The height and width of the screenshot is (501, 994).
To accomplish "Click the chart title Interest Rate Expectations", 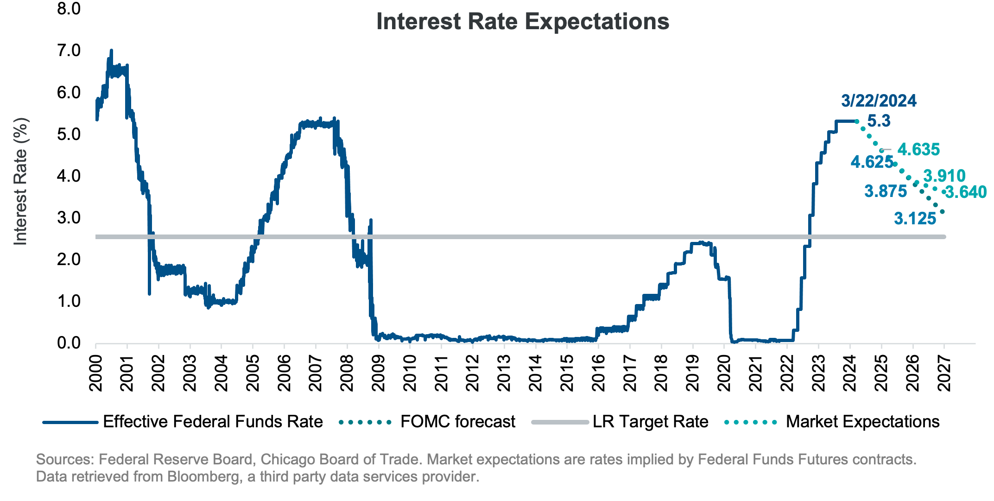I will pyautogui.click(x=522, y=22).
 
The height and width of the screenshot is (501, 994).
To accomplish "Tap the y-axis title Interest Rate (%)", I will pyautogui.click(x=21, y=181).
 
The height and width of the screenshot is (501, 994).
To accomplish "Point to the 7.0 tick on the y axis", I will pyautogui.click(x=69, y=51).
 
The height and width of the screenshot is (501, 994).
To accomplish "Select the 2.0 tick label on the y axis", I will pyautogui.click(x=69, y=259).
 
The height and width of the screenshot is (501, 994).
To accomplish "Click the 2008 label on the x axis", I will pyautogui.click(x=347, y=374).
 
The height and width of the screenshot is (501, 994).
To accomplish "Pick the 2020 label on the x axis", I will pyautogui.click(x=724, y=374).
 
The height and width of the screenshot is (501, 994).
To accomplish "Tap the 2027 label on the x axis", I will pyautogui.click(x=944, y=374).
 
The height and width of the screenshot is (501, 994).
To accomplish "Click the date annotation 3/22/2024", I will pyautogui.click(x=879, y=101).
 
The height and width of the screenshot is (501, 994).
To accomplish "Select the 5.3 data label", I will pyautogui.click(x=879, y=121).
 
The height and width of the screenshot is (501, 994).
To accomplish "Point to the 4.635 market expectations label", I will pyautogui.click(x=918, y=150).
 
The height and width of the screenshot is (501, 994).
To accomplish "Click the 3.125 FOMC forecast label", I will pyautogui.click(x=915, y=219).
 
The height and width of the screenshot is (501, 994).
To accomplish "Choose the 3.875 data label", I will pyautogui.click(x=886, y=191).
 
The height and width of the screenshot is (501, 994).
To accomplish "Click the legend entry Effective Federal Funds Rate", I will pyautogui.click(x=213, y=422).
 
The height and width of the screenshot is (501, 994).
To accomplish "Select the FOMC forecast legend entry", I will pyautogui.click(x=457, y=422).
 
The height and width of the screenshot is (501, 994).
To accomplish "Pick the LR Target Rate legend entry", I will pyautogui.click(x=650, y=422).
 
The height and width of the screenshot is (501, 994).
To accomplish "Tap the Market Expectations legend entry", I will pyautogui.click(x=862, y=422).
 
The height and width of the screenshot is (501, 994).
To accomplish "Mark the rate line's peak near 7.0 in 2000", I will pyautogui.click(x=111, y=51).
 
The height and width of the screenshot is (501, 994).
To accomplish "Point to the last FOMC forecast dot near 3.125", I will pyautogui.click(x=942, y=212).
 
